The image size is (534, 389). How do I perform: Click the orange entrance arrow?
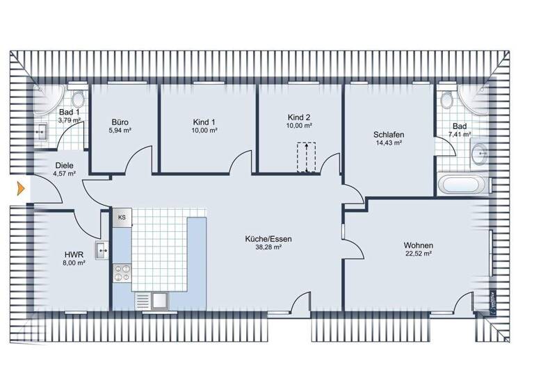click(x=21, y=188)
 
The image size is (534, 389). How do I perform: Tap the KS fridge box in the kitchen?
click(x=122, y=217)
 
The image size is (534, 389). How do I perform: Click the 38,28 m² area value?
click(x=268, y=247)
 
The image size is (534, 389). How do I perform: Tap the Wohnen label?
click(x=418, y=246)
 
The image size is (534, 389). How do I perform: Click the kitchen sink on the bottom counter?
click(x=159, y=301)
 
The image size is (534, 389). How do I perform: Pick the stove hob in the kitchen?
click(x=122, y=273)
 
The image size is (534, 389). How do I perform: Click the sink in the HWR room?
click(x=103, y=250)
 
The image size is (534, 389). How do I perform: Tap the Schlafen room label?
click(x=388, y=135)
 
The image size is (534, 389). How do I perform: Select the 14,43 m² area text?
click(x=388, y=143)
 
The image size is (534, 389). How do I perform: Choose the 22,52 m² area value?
click(x=418, y=254)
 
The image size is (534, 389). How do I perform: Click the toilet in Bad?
click(x=446, y=100)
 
